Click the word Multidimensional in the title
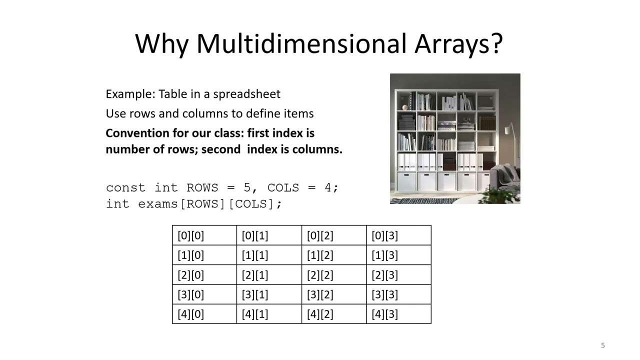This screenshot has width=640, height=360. coord(301,44)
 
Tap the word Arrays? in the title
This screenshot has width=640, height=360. coord(458,44)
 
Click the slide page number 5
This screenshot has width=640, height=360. coord(602,345)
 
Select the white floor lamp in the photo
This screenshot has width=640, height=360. coord(509,131)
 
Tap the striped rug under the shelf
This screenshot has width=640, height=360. coord(425,200)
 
